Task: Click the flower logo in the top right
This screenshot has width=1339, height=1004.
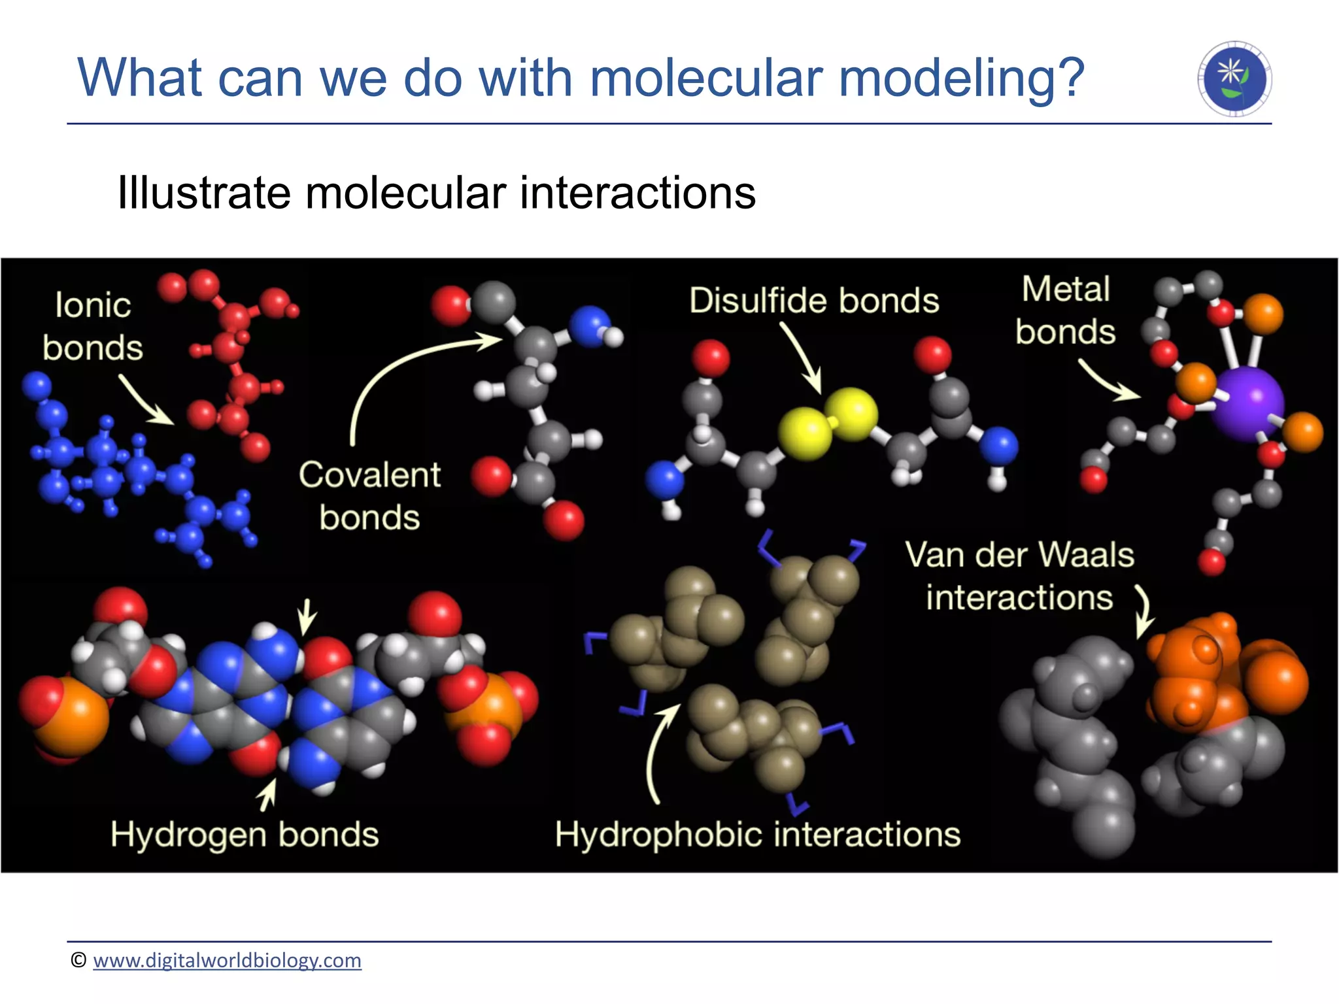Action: coord(1234,79)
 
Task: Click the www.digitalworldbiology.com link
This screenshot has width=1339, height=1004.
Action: coord(227,960)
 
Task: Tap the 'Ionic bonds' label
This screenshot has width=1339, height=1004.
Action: coord(92,326)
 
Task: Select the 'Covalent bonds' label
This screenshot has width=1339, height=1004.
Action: coord(369,495)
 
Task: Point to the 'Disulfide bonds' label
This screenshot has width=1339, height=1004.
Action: coord(814,301)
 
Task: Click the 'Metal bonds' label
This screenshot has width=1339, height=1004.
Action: coord(1065,310)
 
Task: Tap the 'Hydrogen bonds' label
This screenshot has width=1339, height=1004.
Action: coord(245,835)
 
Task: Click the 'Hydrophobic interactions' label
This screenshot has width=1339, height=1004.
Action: coord(758,835)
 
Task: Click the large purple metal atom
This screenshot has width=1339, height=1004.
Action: coord(1247,404)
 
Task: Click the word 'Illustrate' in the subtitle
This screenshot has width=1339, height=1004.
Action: coord(203,193)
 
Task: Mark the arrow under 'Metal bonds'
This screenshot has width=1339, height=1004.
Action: coord(1108,382)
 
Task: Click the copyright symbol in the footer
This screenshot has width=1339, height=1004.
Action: coord(78,960)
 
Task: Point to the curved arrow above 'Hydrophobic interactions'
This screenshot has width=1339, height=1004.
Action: coord(657,752)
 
